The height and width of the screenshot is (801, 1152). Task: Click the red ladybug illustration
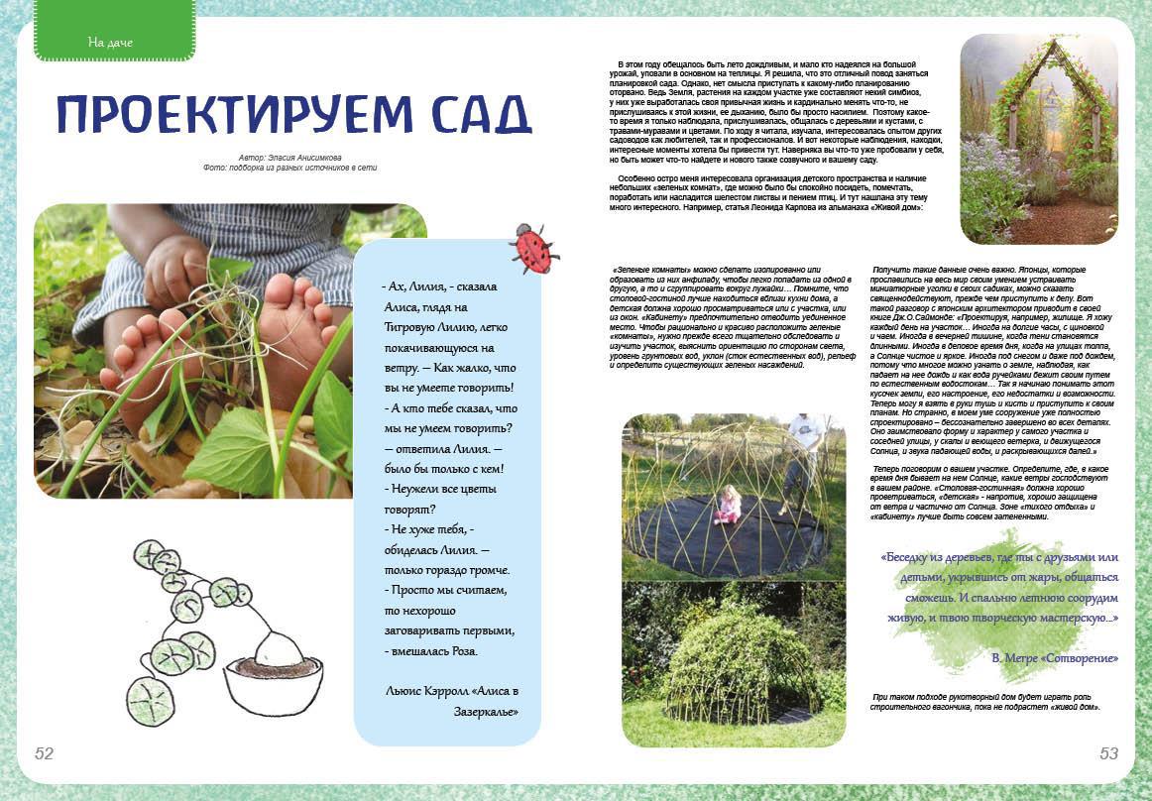point(533,248)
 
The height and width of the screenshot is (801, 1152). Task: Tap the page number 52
point(45,753)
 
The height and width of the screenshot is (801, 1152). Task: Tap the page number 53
point(1108,753)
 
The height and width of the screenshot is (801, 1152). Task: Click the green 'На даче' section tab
point(110,42)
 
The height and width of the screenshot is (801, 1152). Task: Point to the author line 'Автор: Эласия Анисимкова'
point(289,158)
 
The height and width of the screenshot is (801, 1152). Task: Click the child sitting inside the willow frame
point(729,505)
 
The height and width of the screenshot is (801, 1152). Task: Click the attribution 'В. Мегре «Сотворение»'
point(1055,658)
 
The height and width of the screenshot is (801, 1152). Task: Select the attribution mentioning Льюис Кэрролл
point(451,702)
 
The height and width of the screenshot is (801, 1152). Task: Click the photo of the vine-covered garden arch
point(1039,138)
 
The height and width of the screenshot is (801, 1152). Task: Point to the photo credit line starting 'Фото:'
point(289,168)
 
